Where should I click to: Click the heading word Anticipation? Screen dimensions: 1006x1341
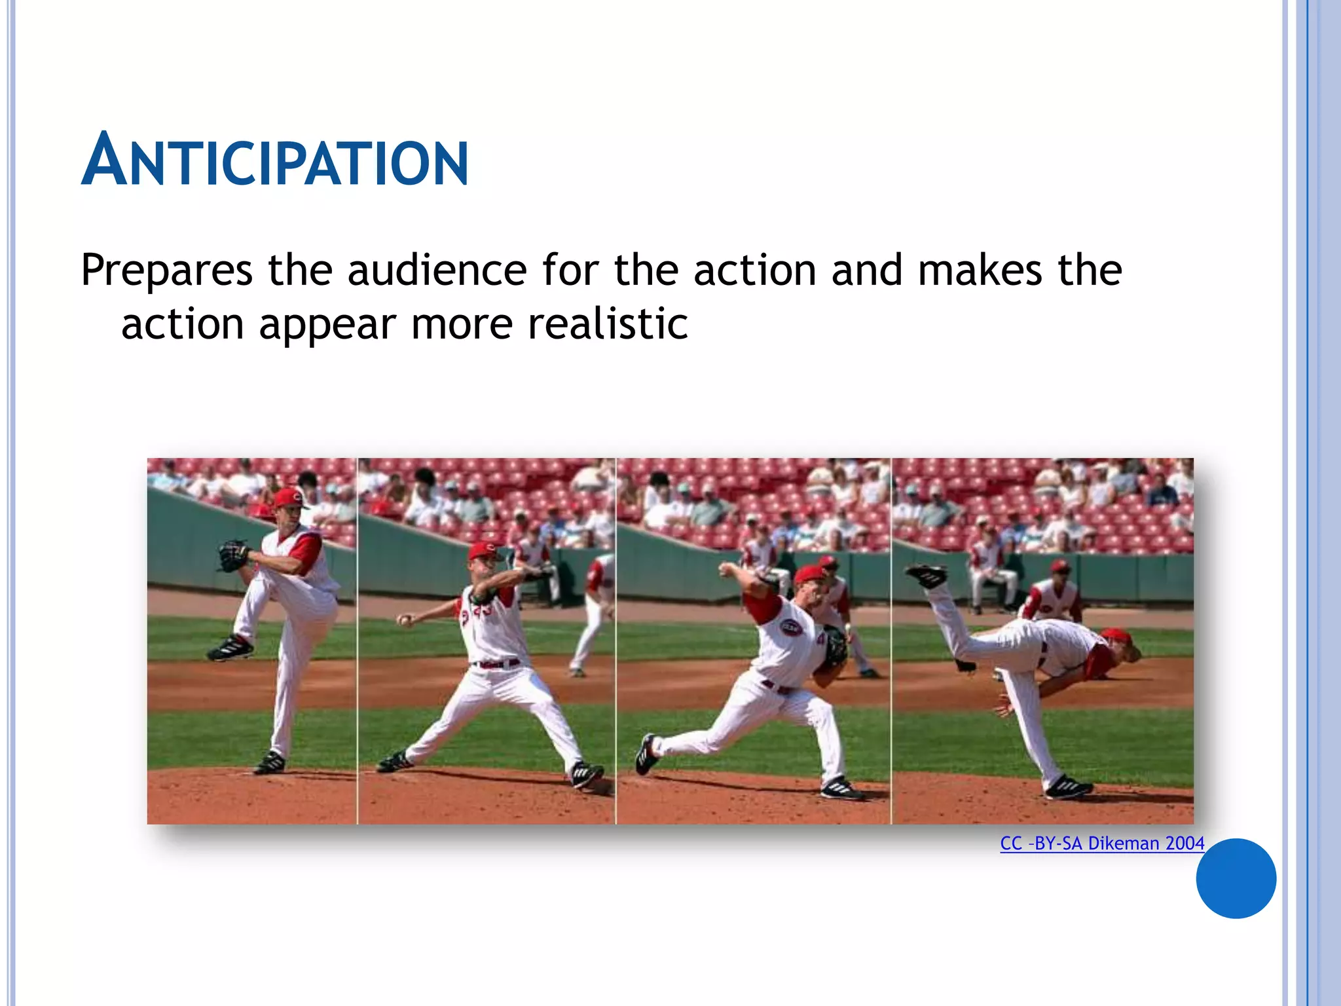pyautogui.click(x=275, y=160)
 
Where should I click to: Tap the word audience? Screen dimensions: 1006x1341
pyautogui.click(x=437, y=270)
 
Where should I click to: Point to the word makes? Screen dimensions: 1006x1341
pyautogui.click(x=980, y=270)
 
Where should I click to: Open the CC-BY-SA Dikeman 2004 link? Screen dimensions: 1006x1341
pyautogui.click(x=1101, y=843)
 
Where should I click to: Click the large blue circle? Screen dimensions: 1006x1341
pyautogui.click(x=1236, y=878)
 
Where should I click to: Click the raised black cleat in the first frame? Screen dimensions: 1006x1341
pyautogui.click(x=230, y=648)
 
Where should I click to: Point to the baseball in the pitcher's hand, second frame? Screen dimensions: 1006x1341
pyautogui.click(x=405, y=619)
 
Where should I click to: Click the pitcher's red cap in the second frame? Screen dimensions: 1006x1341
pyautogui.click(x=484, y=550)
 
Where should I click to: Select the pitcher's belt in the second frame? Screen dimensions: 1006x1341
pyautogui.click(x=496, y=664)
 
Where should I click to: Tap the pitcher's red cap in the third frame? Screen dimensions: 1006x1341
pyautogui.click(x=811, y=575)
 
